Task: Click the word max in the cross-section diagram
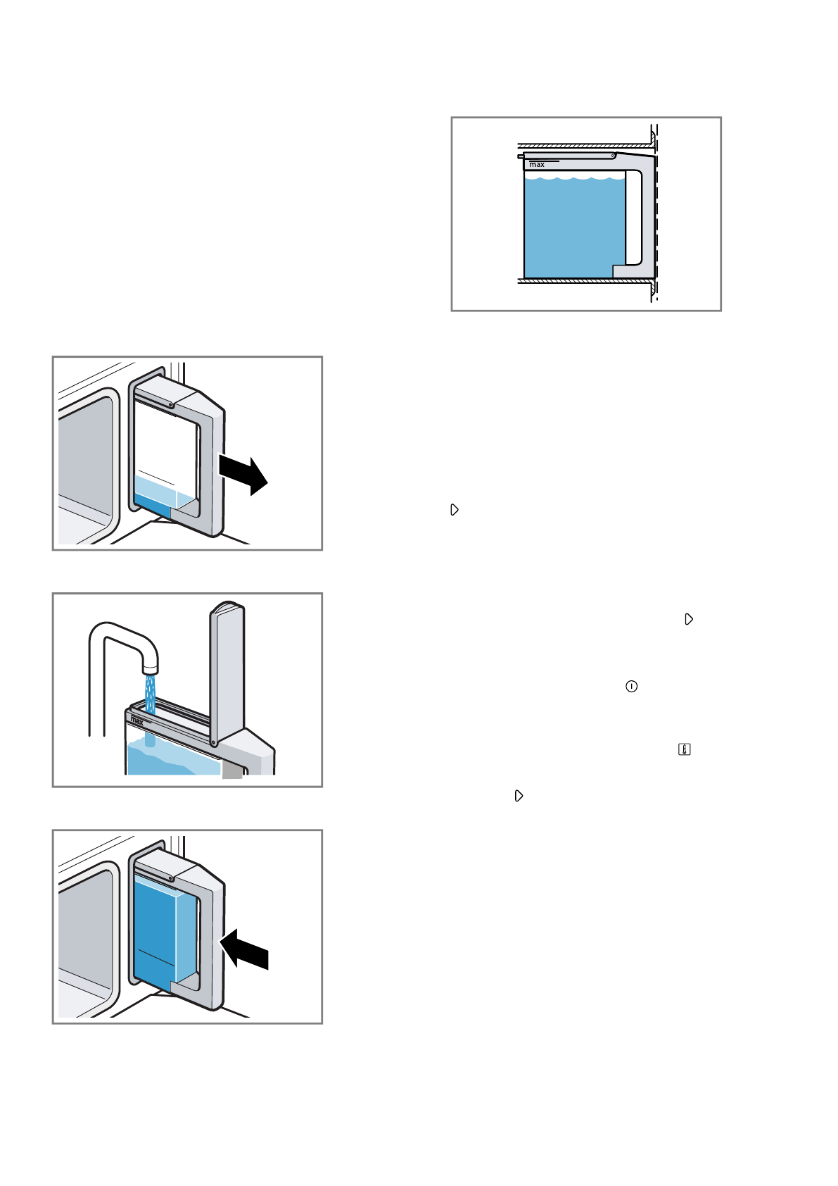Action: tap(537, 165)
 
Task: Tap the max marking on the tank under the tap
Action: tap(137, 720)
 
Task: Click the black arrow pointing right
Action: tap(243, 473)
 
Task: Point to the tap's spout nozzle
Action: tap(150, 665)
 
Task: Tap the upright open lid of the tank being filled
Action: tap(227, 669)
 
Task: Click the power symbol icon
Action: tap(631, 687)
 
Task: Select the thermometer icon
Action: tap(684, 750)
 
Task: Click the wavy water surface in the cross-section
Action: tap(574, 178)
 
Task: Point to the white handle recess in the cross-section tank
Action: tap(633, 218)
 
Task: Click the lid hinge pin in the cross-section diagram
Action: tap(613, 155)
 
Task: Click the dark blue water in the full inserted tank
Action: tap(154, 930)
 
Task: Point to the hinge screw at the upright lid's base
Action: tap(212, 741)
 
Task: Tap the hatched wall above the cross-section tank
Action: tap(584, 146)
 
